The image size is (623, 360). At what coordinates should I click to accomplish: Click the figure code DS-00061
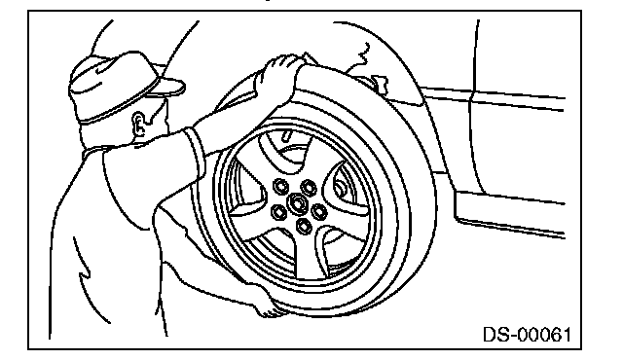pyautogui.click(x=527, y=334)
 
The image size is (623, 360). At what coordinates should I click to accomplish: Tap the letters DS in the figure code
pyautogui.click(x=494, y=334)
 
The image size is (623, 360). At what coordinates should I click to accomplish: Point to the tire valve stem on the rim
pyautogui.click(x=287, y=135)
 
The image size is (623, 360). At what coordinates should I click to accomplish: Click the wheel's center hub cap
pyautogui.click(x=296, y=202)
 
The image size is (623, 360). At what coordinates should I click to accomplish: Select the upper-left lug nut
pyautogui.click(x=281, y=186)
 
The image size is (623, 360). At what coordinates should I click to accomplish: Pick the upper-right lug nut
pyautogui.click(x=309, y=187)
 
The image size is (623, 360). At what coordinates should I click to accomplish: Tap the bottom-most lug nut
pyautogui.click(x=304, y=227)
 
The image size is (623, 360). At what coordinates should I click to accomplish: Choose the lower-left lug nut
pyautogui.click(x=278, y=212)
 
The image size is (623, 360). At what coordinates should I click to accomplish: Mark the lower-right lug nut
pyautogui.click(x=319, y=211)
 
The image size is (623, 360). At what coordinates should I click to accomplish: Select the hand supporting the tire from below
pyautogui.click(x=267, y=306)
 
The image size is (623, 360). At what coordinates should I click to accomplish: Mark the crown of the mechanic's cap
pyautogui.click(x=111, y=80)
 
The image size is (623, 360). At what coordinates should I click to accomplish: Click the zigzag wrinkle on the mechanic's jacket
pyautogui.click(x=83, y=273)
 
